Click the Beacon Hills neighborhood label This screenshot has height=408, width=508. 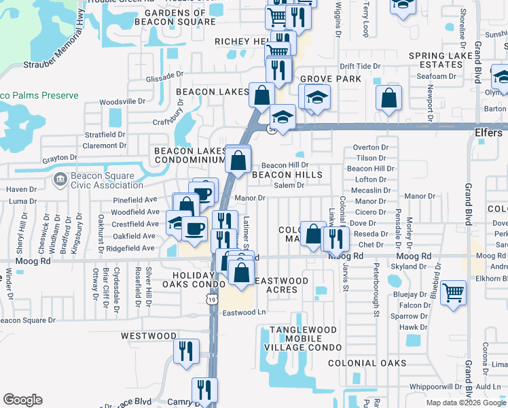pos(287,175)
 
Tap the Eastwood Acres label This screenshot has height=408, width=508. pos(281,285)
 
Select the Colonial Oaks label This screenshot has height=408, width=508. pos(367,364)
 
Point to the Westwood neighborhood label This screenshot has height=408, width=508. pos(149,336)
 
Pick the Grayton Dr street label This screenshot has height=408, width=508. pos(59,158)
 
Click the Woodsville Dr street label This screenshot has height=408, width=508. pos(123,101)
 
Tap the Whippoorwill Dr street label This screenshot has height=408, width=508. pos(431,386)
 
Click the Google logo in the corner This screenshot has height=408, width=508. pos(22,400)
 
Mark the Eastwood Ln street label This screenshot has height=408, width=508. pos(247,313)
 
